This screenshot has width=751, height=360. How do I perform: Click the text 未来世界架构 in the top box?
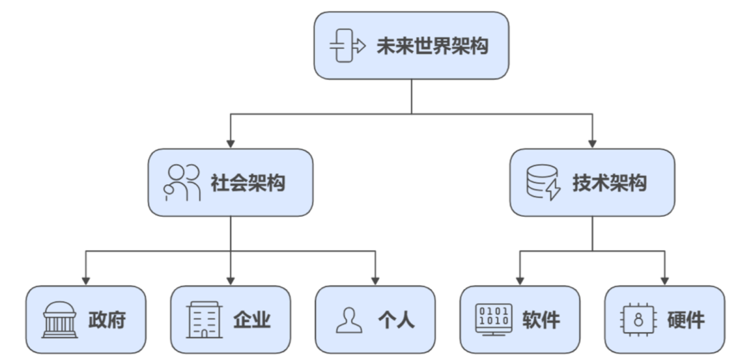(432, 46)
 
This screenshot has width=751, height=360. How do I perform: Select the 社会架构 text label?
(248, 183)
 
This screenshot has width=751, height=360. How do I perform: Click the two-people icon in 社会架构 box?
(182, 183)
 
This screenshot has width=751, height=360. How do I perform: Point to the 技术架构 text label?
(610, 183)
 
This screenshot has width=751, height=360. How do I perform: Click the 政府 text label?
(107, 320)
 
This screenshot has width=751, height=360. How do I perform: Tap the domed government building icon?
(60, 320)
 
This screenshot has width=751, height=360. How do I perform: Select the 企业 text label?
(252, 320)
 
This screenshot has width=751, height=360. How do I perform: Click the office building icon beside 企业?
(204, 320)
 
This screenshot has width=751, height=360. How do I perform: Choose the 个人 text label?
(396, 320)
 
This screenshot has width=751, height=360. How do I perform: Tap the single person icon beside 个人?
(350, 320)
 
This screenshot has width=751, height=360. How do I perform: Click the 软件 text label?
(541, 320)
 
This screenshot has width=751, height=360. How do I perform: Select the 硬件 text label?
(686, 320)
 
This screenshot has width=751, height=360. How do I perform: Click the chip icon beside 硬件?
(638, 320)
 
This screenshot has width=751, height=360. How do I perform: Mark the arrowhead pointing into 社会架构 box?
(231, 142)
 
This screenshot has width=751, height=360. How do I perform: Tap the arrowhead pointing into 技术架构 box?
(592, 142)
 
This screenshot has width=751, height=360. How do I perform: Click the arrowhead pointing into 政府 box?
(86, 280)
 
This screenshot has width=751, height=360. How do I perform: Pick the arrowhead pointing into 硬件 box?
(665, 280)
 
